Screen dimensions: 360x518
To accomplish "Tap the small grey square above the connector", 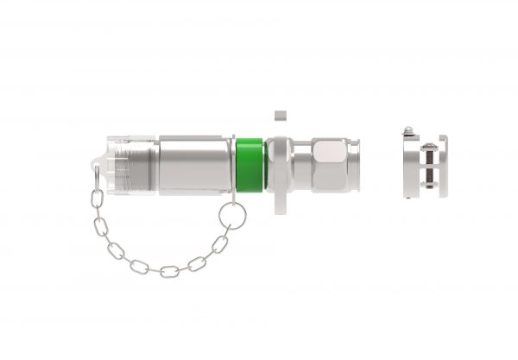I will tap(278, 114).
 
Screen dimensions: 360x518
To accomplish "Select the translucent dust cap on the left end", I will tap(129, 164).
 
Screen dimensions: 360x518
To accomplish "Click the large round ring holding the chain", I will tap(231, 215).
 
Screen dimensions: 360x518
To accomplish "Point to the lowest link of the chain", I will tap(168, 271).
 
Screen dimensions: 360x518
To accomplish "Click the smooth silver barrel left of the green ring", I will tap(194, 163).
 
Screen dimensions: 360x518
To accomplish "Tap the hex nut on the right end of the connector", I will tap(332, 164).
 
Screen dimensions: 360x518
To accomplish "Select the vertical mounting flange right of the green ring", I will tap(276, 168).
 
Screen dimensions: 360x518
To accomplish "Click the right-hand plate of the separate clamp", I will tap(443, 165).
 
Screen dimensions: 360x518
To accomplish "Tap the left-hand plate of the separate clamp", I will tap(408, 165).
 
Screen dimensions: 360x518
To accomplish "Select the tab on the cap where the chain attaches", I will tap(96, 169).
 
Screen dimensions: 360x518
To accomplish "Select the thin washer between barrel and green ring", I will tap(233, 164).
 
